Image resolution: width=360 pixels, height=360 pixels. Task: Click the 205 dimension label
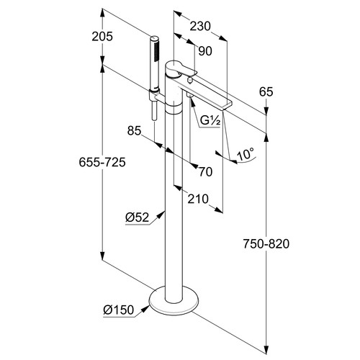click(102, 37)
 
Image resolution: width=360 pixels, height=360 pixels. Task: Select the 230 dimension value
click(200, 26)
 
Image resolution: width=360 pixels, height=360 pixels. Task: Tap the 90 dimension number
click(205, 51)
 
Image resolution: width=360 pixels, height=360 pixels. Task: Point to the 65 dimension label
click(266, 91)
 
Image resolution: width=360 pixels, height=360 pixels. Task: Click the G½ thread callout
click(210, 121)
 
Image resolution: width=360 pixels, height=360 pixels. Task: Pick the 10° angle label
click(246, 154)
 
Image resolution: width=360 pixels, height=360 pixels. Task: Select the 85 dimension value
click(134, 131)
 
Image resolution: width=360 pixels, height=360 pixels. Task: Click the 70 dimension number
click(206, 172)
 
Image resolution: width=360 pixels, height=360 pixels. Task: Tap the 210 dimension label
click(198, 199)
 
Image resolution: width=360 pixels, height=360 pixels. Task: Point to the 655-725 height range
click(102, 162)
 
